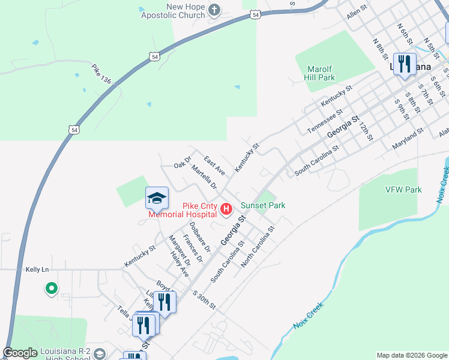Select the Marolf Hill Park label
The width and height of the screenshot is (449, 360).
click(319, 73)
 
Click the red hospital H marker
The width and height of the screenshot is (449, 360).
click(226, 209)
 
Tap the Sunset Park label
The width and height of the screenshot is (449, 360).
click(263, 205)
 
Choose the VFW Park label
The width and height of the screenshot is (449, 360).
click(403, 190)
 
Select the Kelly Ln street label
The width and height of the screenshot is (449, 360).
click(37, 270)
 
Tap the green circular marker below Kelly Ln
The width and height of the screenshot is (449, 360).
click(52, 289)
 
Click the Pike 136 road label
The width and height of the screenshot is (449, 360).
click(102, 74)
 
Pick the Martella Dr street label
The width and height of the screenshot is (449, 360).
click(203, 178)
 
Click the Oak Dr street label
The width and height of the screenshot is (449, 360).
click(182, 162)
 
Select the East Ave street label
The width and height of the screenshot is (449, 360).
click(214, 166)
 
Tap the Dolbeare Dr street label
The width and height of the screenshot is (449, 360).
click(200, 236)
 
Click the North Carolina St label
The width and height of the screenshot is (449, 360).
click(258, 247)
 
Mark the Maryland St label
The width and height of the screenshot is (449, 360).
click(408, 139)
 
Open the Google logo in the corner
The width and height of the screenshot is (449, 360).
click(20, 353)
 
